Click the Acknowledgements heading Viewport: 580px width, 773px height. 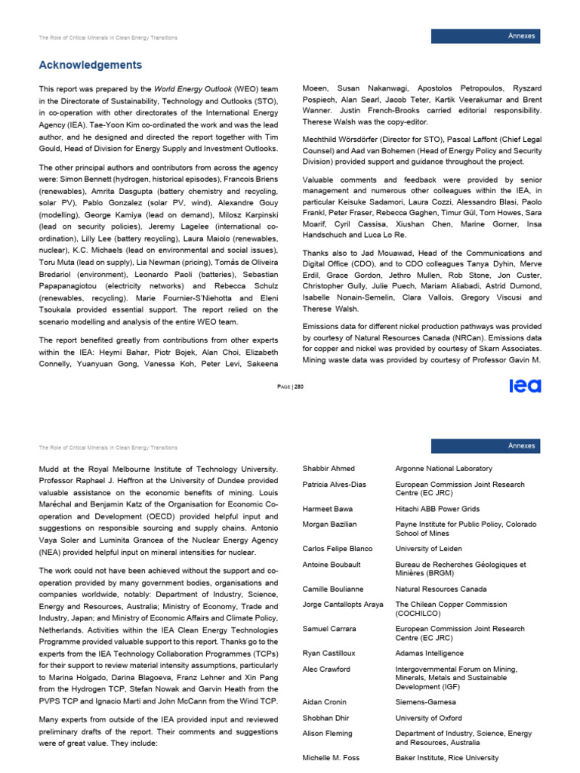[91, 65]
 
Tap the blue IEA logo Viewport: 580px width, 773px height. [525, 386]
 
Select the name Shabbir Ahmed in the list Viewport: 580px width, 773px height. [329, 469]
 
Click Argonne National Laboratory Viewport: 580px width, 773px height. [443, 469]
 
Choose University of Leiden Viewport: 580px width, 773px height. [428, 549]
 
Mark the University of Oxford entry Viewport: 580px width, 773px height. [428, 718]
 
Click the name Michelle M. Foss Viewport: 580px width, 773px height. [332, 758]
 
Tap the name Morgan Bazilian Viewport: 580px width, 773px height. [329, 524]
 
